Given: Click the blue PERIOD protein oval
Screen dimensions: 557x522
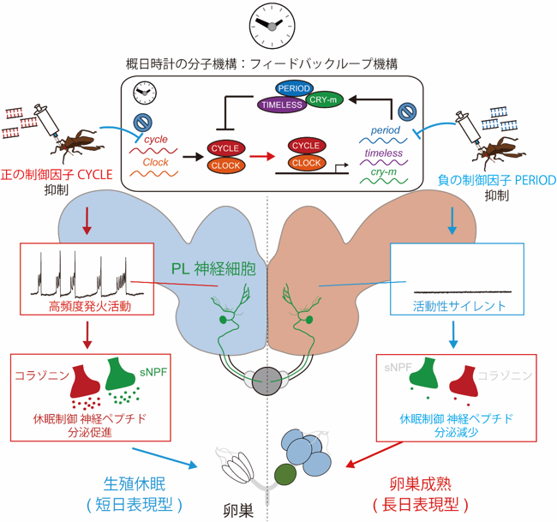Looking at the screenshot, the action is tap(294, 88).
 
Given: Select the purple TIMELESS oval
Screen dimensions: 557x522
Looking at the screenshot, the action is tap(282, 105).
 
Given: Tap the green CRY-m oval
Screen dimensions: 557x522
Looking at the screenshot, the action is tap(323, 99).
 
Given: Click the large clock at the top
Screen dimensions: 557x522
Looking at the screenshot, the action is tap(273, 26).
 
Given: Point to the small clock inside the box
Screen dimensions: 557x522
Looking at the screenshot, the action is tap(145, 93).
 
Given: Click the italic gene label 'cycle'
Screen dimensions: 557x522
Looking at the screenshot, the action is tap(156, 140).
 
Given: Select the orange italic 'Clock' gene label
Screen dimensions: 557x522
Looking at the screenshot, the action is tap(155, 162).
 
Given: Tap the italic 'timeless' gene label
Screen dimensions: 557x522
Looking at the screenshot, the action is tap(384, 153).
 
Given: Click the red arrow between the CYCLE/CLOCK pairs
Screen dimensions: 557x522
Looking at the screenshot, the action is tap(262, 156).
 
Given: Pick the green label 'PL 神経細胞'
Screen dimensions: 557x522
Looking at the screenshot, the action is tap(213, 269).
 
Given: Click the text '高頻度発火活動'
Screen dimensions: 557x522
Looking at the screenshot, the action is tap(90, 306).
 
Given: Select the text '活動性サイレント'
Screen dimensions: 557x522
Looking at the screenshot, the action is tap(459, 306).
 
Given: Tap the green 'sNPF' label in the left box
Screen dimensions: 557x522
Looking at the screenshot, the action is tap(153, 372).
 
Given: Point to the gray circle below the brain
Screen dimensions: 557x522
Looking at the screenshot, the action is tap(267, 381).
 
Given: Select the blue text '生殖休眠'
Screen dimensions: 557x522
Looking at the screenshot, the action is tap(135, 484).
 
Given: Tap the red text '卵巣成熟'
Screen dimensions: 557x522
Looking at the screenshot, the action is tap(421, 484).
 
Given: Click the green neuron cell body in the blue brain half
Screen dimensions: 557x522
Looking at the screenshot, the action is tap(223, 320).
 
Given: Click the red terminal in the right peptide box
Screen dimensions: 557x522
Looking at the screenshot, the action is tap(464, 382).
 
